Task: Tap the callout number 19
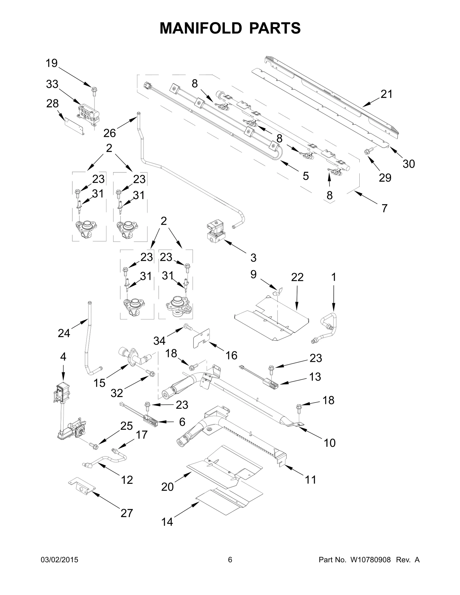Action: [52, 63]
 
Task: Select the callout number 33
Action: [52, 84]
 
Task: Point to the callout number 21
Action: [386, 94]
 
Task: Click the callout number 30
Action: [409, 164]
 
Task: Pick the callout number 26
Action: [110, 133]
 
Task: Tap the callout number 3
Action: [253, 258]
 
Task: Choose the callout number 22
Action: [297, 277]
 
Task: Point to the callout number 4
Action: [63, 357]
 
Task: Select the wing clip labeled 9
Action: [278, 291]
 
